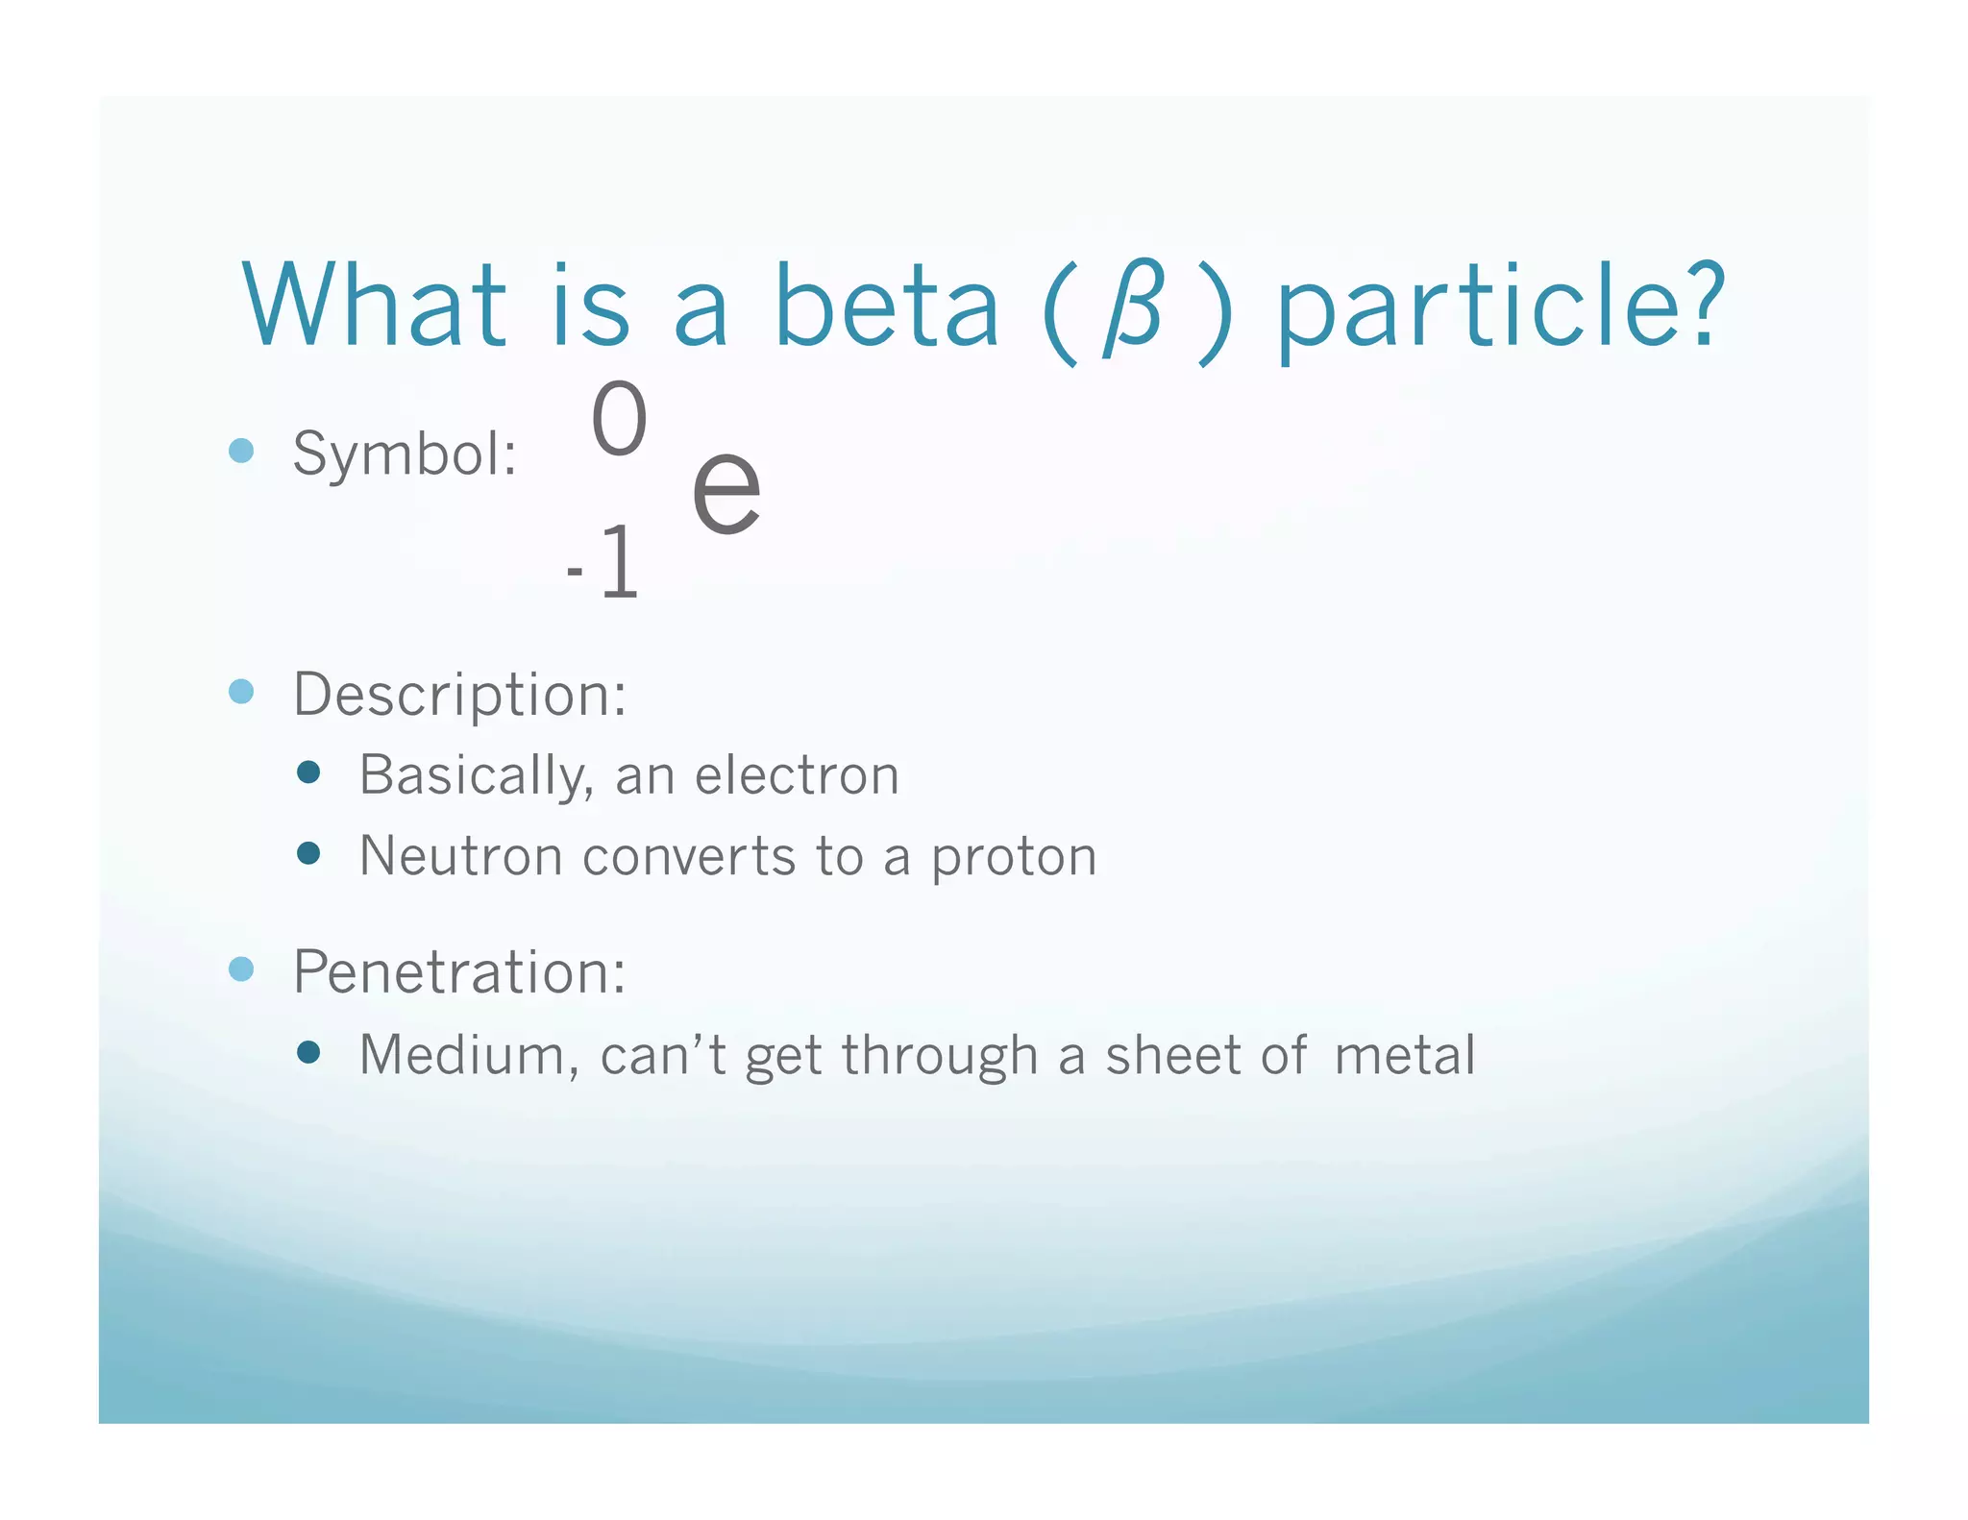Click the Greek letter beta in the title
point(1135,309)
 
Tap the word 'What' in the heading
point(375,306)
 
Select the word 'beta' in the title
point(886,306)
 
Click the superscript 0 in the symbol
point(619,419)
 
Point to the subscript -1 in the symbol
point(603,564)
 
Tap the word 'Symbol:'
point(405,453)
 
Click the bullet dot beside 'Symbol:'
point(241,451)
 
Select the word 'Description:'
point(459,694)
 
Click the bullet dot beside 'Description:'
point(241,692)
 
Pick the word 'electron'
point(797,774)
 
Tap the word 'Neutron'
point(460,856)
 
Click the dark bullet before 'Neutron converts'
point(308,853)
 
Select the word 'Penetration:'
point(459,971)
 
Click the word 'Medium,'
point(469,1055)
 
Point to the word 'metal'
point(1404,1055)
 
